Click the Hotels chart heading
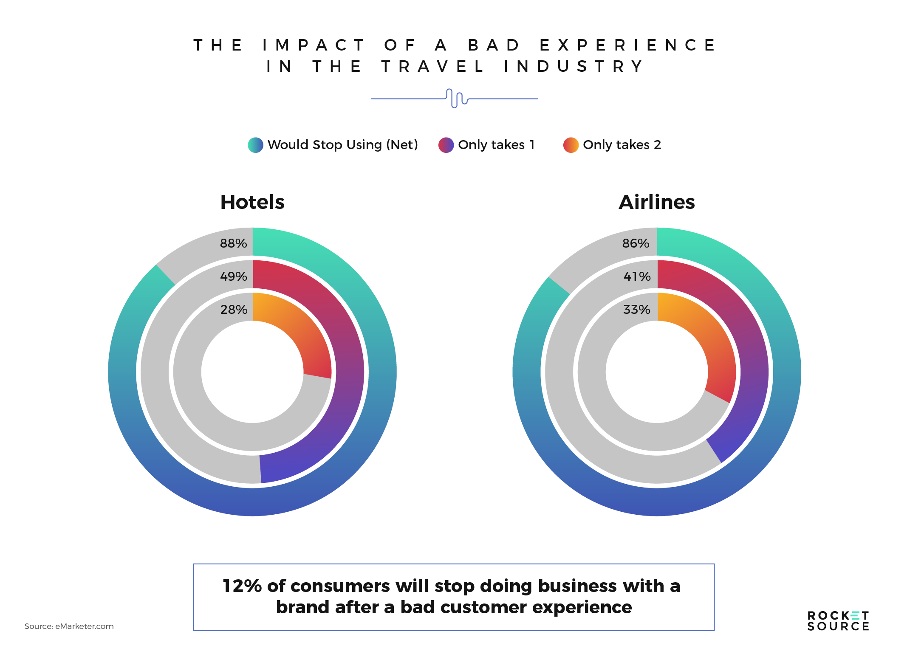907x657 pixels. [252, 202]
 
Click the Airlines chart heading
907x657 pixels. [657, 202]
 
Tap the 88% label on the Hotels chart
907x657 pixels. [233, 243]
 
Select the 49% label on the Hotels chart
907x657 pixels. [233, 276]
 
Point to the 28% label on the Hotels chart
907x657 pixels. [234, 310]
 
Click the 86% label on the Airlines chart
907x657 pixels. [636, 243]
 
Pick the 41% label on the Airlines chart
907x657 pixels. [637, 276]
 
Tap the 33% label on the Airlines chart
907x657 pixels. [636, 310]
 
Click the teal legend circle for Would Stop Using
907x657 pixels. [256, 145]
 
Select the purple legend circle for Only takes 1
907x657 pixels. [446, 145]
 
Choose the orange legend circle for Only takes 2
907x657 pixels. [571, 145]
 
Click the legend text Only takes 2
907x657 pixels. [622, 145]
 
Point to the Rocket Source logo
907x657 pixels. [838, 621]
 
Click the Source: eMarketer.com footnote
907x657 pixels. [69, 626]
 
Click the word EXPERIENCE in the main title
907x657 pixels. [627, 45]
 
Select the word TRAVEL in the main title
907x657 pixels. [432, 67]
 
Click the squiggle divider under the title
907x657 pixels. [455, 98]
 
